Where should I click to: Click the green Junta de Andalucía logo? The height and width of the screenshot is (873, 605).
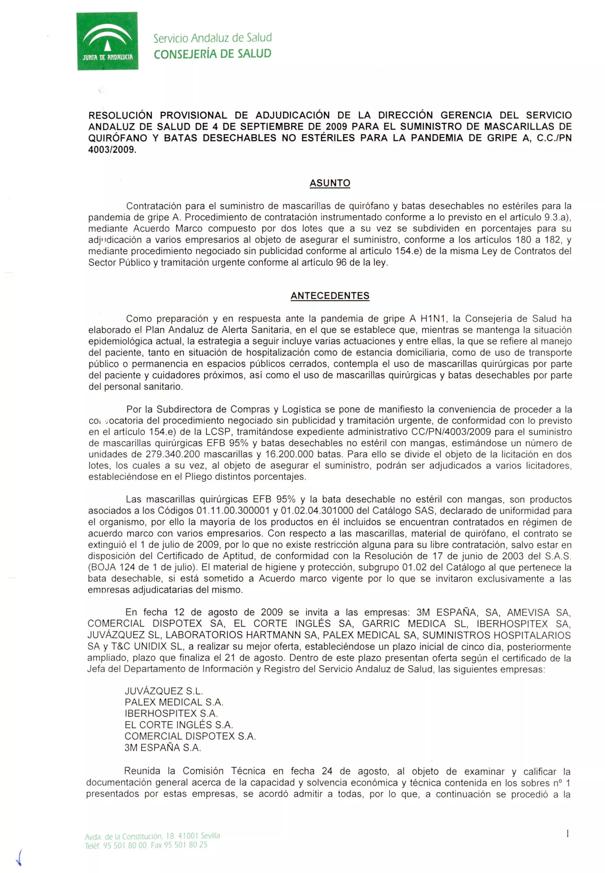pyautogui.click(x=107, y=41)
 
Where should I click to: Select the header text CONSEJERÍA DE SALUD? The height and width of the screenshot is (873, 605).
pyautogui.click(x=212, y=54)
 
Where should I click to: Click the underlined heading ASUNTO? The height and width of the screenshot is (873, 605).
pyautogui.click(x=330, y=183)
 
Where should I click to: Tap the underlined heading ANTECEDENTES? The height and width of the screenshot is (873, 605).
pyautogui.click(x=330, y=296)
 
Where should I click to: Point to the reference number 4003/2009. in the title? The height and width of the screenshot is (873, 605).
pyautogui.click(x=112, y=149)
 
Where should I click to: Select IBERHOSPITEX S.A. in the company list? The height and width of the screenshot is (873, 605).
pyautogui.click(x=171, y=713)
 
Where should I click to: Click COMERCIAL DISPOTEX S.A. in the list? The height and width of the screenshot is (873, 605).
pyautogui.click(x=190, y=736)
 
